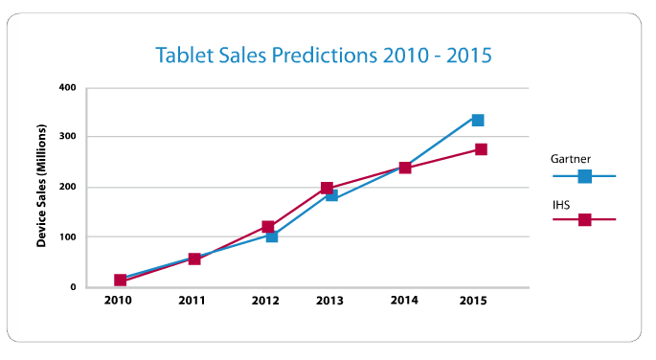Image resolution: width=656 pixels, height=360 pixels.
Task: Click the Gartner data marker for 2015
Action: (477, 120)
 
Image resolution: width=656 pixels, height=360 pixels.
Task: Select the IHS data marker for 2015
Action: (481, 149)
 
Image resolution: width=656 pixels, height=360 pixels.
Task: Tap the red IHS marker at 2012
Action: (268, 227)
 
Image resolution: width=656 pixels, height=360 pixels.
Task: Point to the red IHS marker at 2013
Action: (327, 189)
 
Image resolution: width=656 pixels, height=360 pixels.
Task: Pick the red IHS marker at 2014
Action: (405, 168)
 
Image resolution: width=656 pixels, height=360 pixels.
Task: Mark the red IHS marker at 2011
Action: (194, 259)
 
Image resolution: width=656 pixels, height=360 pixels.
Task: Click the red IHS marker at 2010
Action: (120, 280)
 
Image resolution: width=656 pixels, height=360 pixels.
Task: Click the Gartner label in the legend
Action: (571, 157)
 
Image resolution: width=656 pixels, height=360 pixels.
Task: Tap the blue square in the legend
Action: (584, 176)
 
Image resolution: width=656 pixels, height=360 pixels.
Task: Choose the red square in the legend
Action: (584, 219)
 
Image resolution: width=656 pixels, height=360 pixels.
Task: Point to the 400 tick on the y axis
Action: (68, 88)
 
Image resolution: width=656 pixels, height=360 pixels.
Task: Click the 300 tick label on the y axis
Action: (68, 137)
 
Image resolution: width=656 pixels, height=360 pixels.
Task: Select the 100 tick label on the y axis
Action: (68, 236)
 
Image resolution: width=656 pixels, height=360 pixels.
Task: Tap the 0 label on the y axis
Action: (73, 287)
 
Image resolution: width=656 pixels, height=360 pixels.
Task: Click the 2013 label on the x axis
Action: (328, 302)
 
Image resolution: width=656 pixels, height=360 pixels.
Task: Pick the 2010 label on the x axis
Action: (118, 302)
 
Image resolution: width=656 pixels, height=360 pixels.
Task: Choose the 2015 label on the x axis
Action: (472, 302)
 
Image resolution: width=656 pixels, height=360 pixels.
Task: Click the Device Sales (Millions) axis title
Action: (43, 188)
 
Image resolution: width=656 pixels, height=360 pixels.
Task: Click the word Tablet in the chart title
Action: (188, 55)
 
